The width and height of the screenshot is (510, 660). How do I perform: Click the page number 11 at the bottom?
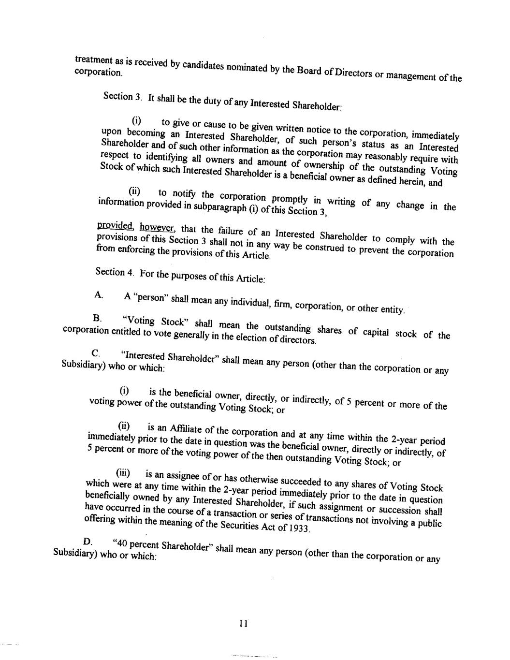pos(243,623)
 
